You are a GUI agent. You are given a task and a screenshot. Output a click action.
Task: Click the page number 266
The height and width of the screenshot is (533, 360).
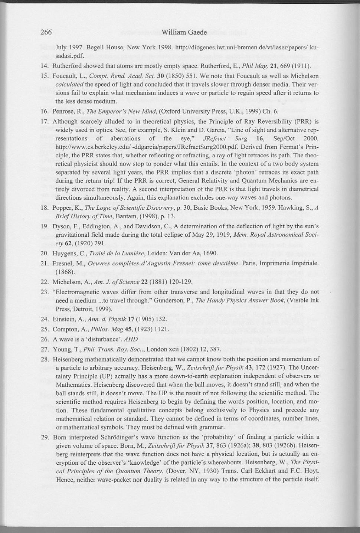point(46,32)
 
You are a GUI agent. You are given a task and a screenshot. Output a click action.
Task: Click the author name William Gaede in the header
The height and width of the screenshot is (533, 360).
point(184,32)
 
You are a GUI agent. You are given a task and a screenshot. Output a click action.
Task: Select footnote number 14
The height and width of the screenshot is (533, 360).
point(45,66)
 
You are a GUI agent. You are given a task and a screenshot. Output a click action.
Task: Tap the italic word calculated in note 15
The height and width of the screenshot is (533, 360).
point(69,84)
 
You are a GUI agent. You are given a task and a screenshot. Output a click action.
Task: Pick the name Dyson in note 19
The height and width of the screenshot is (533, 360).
point(61,226)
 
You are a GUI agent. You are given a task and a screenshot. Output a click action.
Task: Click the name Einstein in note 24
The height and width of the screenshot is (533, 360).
point(65,319)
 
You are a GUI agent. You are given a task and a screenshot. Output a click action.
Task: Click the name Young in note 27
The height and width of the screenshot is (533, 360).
point(62,349)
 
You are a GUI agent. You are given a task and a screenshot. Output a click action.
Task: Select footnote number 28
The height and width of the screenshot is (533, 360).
point(45,359)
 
